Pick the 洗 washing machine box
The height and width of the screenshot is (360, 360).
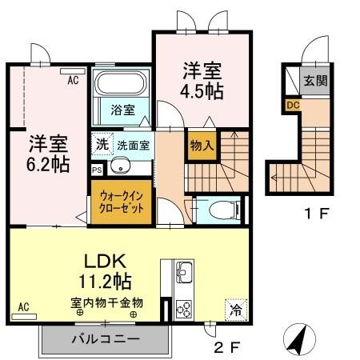click(101, 146)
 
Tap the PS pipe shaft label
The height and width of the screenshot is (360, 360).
click(97, 170)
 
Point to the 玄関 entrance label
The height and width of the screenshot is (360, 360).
click(314, 80)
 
